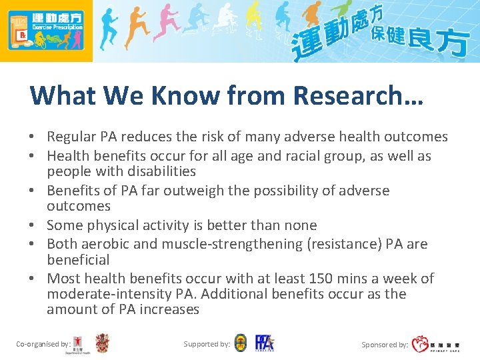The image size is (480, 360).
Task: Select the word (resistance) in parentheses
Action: pyautogui.click(x=345, y=244)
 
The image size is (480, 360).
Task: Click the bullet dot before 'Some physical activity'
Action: pyautogui.click(x=32, y=226)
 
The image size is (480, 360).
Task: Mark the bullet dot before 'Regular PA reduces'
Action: pyautogui.click(x=32, y=137)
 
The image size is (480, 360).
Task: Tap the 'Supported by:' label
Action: pyautogui.click(x=207, y=344)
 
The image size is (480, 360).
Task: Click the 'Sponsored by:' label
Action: pyautogui.click(x=385, y=345)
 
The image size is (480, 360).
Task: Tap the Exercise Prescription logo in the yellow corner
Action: pyautogui.click(x=46, y=31)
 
